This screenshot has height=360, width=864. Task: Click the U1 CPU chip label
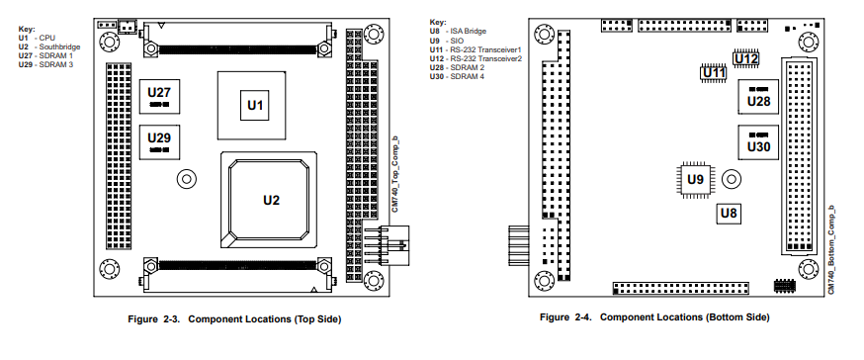[255, 105]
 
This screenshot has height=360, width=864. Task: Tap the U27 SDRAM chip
[159, 97]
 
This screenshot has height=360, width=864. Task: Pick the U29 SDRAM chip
[159, 142]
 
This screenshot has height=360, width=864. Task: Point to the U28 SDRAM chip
[758, 97]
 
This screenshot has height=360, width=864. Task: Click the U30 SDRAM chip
[758, 142]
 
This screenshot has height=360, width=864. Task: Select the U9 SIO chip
[695, 179]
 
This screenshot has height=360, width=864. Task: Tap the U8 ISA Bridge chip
[729, 214]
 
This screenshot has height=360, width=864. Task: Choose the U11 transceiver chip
[714, 72]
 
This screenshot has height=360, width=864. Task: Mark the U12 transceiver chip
[746, 58]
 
